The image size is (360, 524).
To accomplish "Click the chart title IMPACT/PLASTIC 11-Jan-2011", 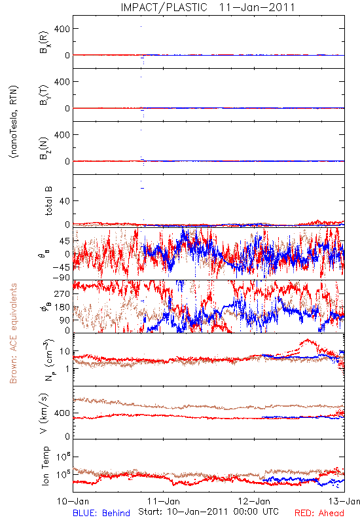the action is (x=207, y=7).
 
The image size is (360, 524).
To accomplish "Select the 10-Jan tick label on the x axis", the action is (x=73, y=501).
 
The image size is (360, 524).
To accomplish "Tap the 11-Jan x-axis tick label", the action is (x=163, y=501).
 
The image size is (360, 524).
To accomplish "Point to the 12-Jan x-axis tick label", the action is (x=254, y=501).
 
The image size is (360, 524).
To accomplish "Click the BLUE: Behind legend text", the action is (x=101, y=513).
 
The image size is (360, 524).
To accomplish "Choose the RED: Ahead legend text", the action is (x=319, y=513).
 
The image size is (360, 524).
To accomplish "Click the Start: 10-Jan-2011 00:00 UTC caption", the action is (x=208, y=512).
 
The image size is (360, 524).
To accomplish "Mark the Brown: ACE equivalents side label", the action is (x=13, y=333).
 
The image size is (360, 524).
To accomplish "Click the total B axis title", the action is (x=48, y=200).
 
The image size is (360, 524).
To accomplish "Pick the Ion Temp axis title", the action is (x=46, y=465).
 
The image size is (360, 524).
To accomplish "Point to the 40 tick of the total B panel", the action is (x=65, y=201).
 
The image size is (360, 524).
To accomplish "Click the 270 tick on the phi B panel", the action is (x=62, y=293).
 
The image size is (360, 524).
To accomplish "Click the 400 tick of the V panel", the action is (x=62, y=413).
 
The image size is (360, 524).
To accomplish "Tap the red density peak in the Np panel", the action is (x=307, y=340).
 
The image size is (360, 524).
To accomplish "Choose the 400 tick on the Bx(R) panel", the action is (x=62, y=29).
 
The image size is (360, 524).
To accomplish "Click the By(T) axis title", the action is (x=44, y=95).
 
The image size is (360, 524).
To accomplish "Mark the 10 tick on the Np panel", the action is (x=65, y=351).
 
